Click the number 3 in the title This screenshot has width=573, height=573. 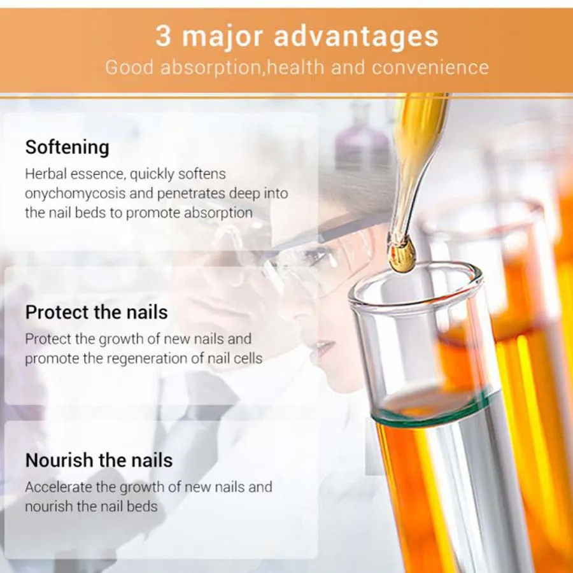coord(163,36)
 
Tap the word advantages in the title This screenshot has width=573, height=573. coord(356,36)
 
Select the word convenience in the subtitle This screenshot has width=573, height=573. coord(430,67)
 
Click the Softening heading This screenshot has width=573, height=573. coord(67,147)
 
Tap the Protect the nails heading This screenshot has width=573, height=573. coord(97,312)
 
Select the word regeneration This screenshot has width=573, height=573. coord(145,358)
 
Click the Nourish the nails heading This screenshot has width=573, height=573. coord(99,460)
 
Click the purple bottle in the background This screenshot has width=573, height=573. coord(362,146)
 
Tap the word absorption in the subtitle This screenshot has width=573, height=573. coord(211,68)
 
